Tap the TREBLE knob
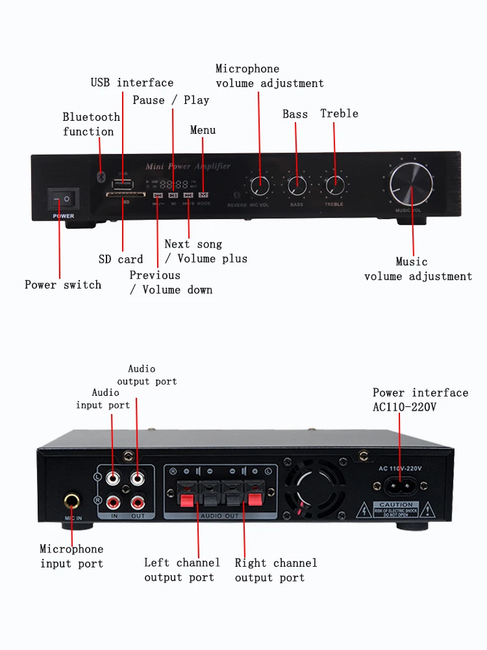coord(335,183)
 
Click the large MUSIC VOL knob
coord(412,184)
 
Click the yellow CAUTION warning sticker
coord(396,509)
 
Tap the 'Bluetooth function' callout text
coord(91,124)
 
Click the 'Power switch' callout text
coord(63,285)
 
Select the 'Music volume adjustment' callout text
coord(418,269)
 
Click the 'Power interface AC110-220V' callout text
coord(420,400)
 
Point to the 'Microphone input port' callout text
coord(71,556)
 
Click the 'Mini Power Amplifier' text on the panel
coord(188,166)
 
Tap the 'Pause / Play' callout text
coord(171,100)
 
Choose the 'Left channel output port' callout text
coord(181,570)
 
